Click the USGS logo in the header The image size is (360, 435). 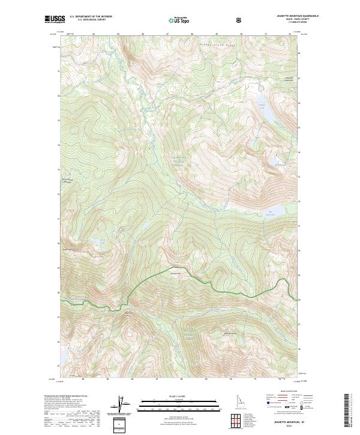55,20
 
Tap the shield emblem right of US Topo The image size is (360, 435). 240,20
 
